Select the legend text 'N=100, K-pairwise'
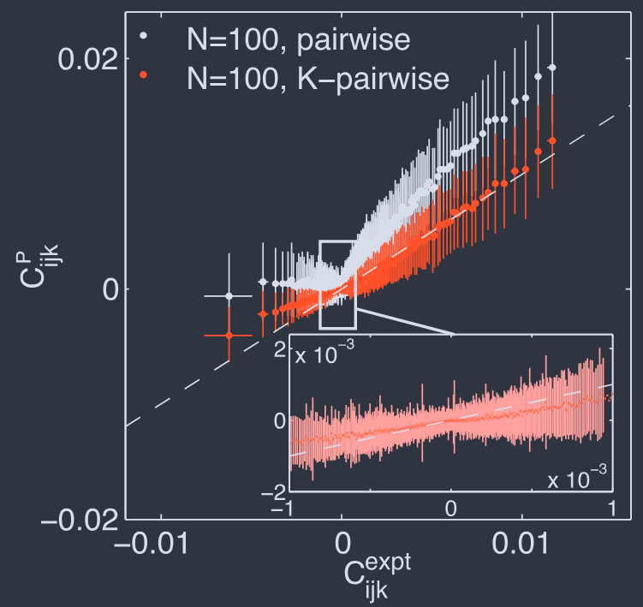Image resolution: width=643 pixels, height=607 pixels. [318, 78]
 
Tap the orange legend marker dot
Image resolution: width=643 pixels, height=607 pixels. [144, 75]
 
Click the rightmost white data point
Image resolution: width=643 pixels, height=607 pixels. [552, 68]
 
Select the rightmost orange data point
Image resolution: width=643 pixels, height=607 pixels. [552, 140]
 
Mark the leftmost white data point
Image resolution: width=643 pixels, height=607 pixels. [229, 295]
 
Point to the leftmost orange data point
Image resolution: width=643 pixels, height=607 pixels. [229, 336]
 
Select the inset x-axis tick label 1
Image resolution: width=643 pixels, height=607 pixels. [612, 507]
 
